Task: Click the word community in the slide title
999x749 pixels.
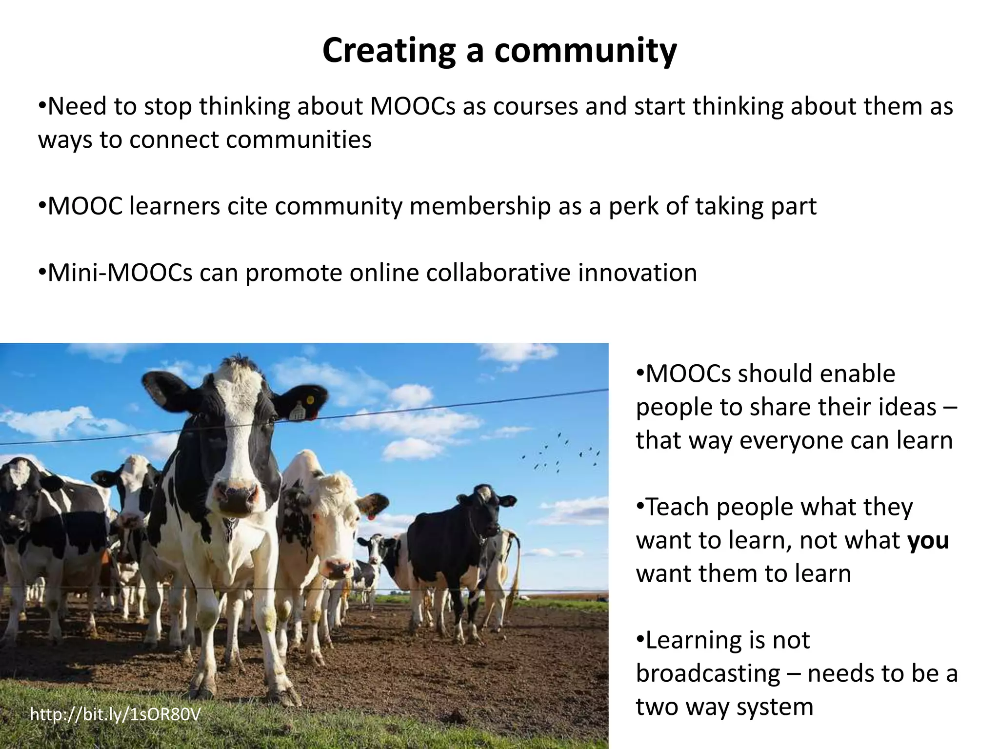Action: point(585,51)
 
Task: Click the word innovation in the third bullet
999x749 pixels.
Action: point(638,273)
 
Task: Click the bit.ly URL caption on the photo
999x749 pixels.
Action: point(115,715)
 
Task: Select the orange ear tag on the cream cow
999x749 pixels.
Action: point(372,515)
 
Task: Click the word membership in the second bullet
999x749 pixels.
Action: point(480,207)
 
